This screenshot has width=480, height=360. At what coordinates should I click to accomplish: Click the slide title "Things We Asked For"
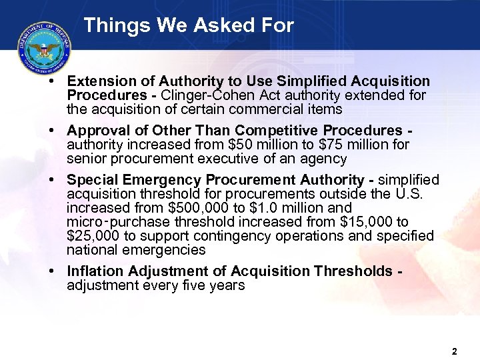189,26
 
